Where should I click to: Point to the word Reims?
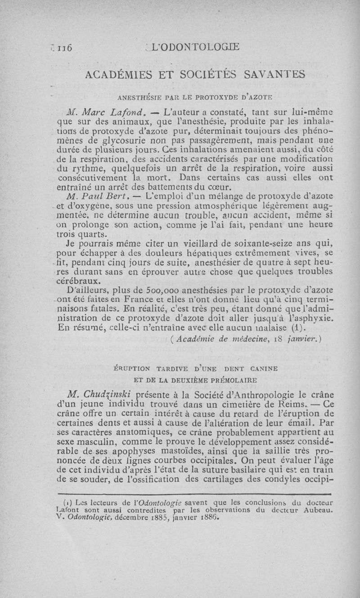(279, 404)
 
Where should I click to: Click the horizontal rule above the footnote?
(196, 494)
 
